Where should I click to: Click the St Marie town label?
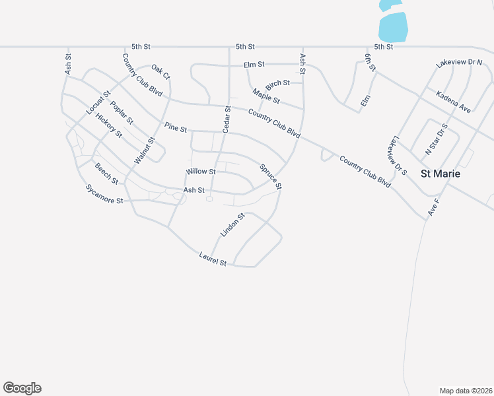pyautogui.click(x=441, y=174)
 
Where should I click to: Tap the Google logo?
pyautogui.click(x=22, y=388)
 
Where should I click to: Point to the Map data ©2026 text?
pyautogui.click(x=466, y=390)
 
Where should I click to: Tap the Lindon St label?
pyautogui.click(x=232, y=225)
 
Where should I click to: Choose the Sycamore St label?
pyautogui.click(x=104, y=195)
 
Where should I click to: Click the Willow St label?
pyautogui.click(x=201, y=172)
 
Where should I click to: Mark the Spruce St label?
pyautogui.click(x=271, y=177)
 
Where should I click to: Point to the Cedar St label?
pyautogui.click(x=226, y=119)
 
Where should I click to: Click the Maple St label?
pyautogui.click(x=267, y=97)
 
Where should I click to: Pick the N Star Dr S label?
pyautogui.click(x=437, y=139)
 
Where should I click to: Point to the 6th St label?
pyautogui.click(x=370, y=63)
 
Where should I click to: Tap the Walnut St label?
pyautogui.click(x=144, y=150)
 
